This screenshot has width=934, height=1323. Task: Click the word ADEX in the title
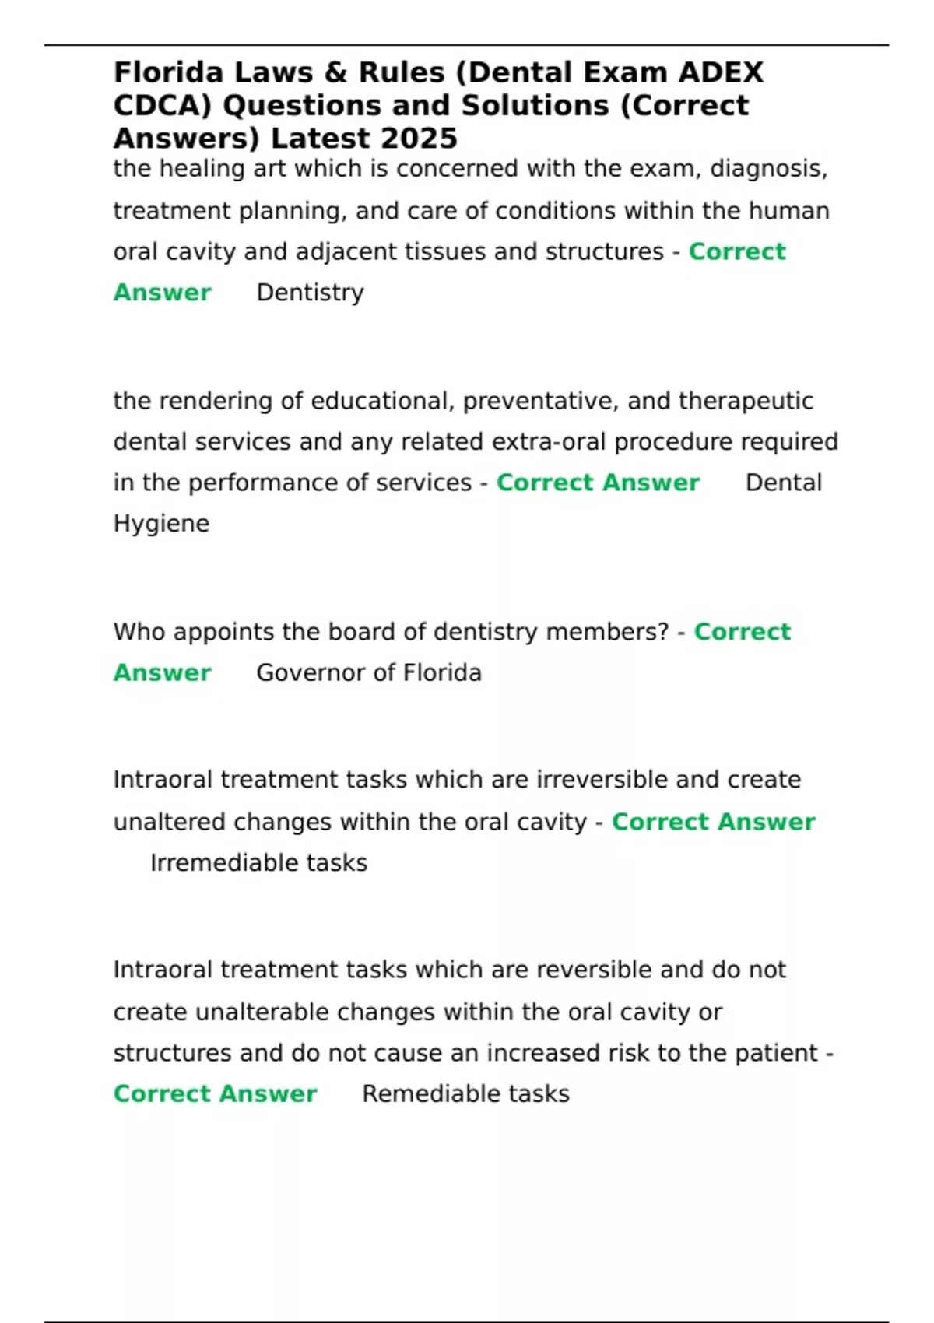click(x=721, y=72)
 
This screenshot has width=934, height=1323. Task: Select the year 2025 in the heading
click(x=423, y=139)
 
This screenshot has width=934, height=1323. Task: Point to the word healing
click(x=215, y=169)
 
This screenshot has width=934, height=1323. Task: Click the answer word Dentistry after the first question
click(x=310, y=293)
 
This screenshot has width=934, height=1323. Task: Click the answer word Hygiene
click(x=161, y=524)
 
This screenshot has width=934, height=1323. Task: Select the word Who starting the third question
click(x=139, y=632)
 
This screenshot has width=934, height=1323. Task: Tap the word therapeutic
click(x=746, y=401)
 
